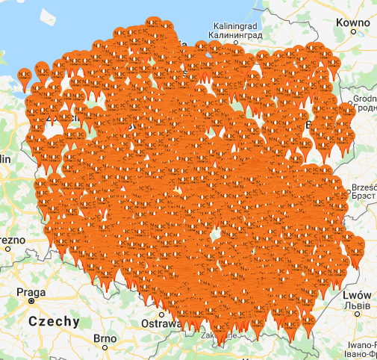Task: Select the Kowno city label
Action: coord(355,23)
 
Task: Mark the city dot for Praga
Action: coord(31,304)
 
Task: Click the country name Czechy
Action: coord(54,322)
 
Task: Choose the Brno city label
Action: coord(105,338)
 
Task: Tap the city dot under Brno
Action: coord(105,348)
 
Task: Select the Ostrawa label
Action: coord(161,324)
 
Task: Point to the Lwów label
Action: coord(357,295)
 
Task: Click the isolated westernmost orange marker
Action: coord(25,75)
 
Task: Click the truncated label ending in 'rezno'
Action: coord(12,240)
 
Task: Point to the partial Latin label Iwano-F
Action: coord(362,345)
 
